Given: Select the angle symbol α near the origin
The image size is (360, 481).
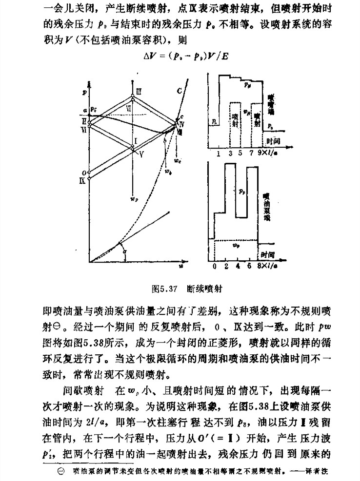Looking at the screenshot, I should click(125, 251).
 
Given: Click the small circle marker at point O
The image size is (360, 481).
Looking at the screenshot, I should click(89, 172).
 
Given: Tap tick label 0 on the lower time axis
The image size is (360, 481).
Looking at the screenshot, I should click(215, 268).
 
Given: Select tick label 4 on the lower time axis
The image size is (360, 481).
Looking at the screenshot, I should click(237, 268).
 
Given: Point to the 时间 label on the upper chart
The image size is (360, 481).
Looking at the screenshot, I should click(274, 140).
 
